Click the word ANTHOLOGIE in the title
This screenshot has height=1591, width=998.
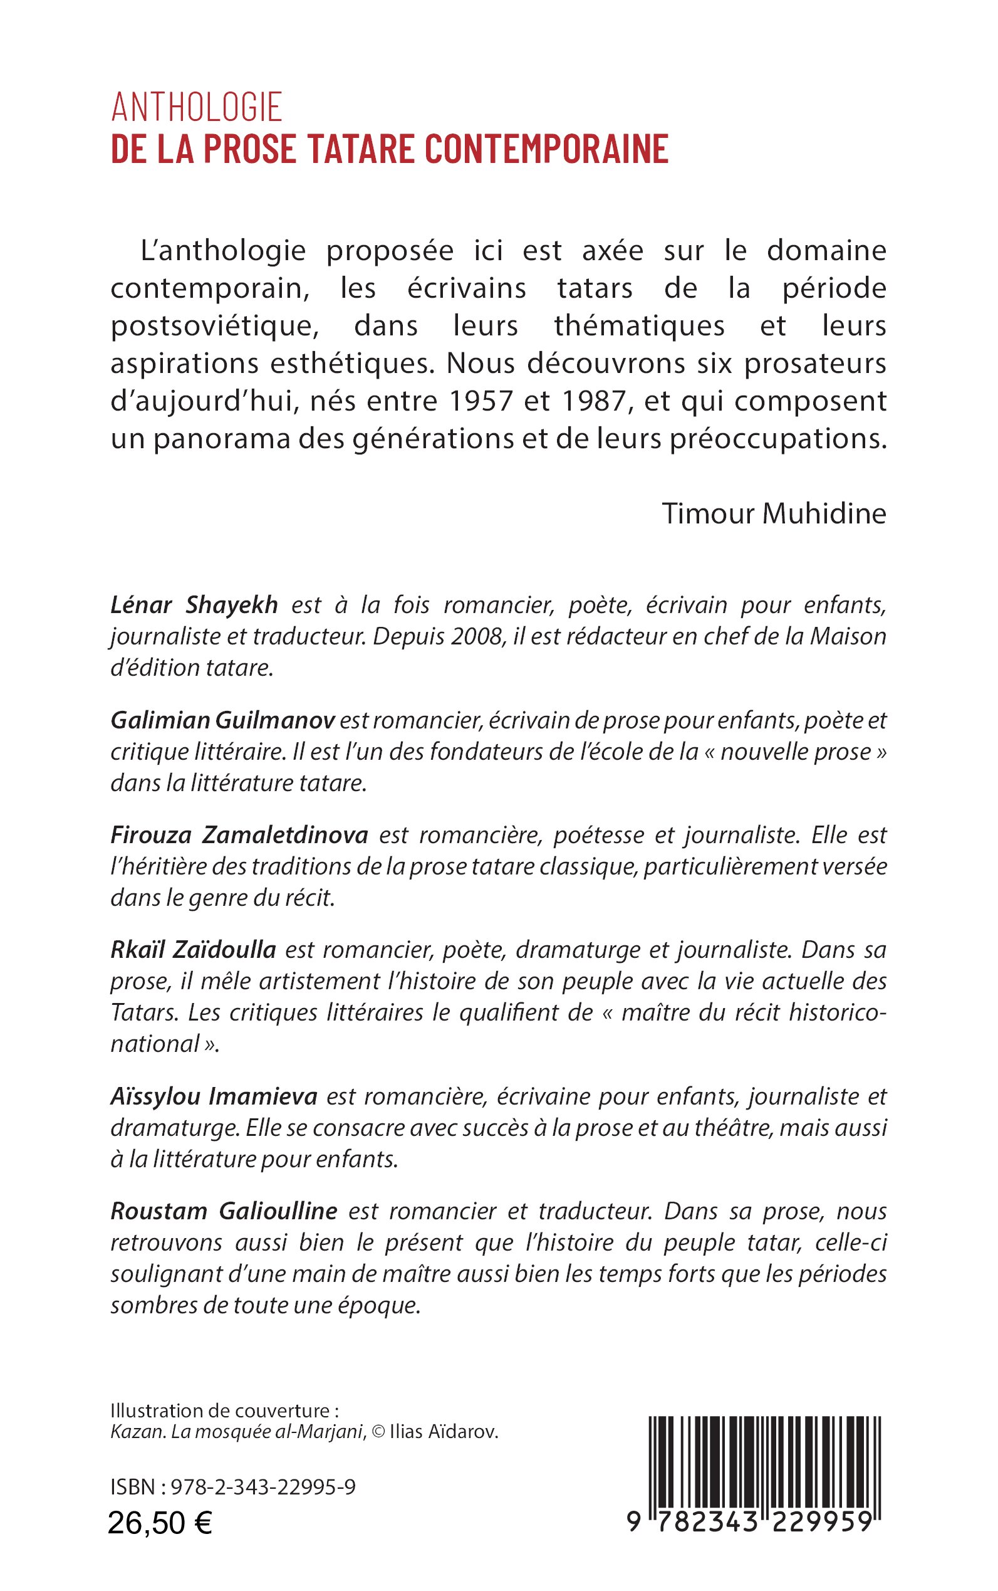197,107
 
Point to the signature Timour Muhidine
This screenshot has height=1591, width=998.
774,514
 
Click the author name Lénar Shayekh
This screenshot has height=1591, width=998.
194,605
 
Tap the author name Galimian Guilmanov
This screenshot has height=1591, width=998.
222,720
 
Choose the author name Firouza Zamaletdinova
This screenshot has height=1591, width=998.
239,835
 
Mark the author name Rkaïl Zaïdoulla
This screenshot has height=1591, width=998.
193,950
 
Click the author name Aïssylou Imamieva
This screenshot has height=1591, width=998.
214,1096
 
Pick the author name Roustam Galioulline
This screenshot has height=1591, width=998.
224,1211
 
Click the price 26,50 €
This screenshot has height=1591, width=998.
160,1523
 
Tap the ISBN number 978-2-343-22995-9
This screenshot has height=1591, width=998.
262,1487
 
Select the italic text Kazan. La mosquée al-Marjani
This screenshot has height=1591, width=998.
237,1432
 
